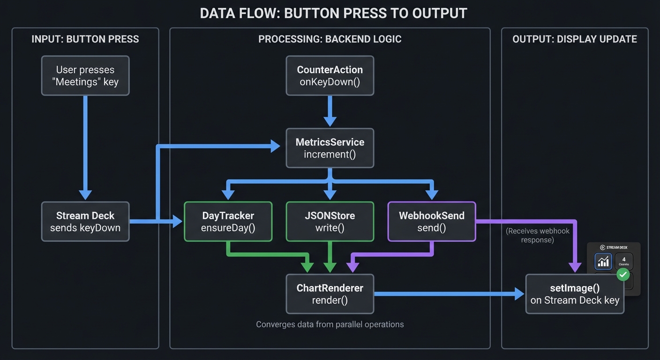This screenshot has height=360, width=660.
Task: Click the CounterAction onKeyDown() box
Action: click(330, 75)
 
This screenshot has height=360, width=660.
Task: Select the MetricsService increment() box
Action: click(330, 148)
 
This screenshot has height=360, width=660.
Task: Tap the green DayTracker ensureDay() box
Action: click(228, 222)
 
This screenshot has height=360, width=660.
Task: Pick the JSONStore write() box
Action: click(330, 222)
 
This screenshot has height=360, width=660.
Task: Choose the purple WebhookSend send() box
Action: click(432, 222)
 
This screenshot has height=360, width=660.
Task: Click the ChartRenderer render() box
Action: click(330, 294)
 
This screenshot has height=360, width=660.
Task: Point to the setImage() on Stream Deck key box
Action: click(575, 294)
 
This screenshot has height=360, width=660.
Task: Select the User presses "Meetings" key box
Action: click(85, 75)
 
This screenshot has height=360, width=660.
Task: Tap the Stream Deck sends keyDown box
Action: click(85, 222)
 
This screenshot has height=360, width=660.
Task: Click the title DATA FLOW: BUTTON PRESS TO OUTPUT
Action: click(333, 13)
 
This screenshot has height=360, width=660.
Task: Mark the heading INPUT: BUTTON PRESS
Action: click(85, 39)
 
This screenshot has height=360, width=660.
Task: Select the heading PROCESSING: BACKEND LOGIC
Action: click(330, 39)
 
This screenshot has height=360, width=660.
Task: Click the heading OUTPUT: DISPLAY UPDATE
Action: click(575, 39)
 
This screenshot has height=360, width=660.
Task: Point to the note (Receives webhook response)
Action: click(537, 235)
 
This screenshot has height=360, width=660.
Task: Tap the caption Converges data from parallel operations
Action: click(330, 324)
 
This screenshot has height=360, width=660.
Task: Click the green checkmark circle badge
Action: click(623, 274)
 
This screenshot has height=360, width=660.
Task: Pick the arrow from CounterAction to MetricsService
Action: click(330, 111)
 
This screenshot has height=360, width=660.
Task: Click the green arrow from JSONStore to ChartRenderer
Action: click(330, 257)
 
